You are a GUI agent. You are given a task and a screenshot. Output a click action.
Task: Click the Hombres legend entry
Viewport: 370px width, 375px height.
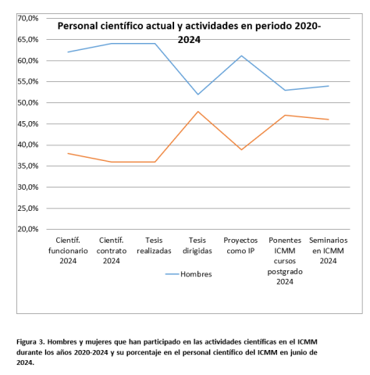coord(195,274)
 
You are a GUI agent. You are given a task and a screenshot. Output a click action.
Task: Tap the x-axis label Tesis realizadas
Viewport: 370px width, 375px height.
coord(154,245)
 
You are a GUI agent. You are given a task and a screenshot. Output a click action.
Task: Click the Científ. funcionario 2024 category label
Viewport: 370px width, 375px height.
coord(68,250)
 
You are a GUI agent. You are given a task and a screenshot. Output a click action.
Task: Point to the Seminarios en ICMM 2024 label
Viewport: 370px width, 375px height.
coord(329,250)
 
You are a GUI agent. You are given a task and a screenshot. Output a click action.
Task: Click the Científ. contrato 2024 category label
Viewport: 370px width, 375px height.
coord(111,250)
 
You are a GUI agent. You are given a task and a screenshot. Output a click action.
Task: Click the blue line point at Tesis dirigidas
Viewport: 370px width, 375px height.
coord(198,95)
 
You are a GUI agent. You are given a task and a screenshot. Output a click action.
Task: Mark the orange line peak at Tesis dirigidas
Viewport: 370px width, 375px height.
coord(198,112)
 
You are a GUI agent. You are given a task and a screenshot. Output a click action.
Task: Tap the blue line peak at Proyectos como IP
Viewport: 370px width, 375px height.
coord(242,55)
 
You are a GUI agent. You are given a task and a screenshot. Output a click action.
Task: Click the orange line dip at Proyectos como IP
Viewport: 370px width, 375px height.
coord(242,149)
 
